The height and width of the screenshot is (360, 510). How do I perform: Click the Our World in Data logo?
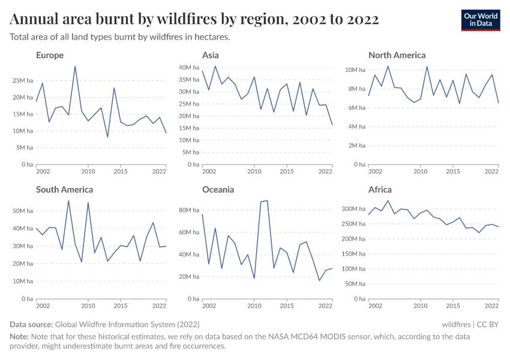480,19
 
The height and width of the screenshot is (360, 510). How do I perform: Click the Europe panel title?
49,55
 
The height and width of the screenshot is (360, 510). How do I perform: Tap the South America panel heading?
64,190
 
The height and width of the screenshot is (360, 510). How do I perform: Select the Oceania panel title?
218,190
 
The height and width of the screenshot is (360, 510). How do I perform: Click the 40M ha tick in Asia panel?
188,67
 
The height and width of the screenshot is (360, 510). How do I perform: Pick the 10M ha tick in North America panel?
355,70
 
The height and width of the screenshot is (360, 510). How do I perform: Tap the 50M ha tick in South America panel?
22,211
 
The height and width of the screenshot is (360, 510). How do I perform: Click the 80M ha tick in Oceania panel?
188,210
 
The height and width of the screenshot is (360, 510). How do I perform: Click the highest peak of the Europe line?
75,67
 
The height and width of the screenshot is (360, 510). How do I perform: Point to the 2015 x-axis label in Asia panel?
287,172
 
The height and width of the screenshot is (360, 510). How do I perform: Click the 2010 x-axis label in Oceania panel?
254,306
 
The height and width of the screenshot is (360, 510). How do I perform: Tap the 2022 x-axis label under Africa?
491,306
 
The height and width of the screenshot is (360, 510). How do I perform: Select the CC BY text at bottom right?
488,324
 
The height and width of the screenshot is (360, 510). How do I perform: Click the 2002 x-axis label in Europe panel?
43,172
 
